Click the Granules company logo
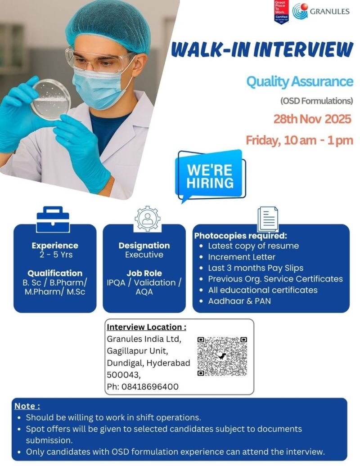(320, 11)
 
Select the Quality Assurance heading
(299, 81)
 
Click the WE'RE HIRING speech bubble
(210, 176)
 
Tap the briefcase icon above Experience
(53, 219)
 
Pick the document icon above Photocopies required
(267, 219)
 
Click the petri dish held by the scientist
(52, 99)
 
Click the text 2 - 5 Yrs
(55, 255)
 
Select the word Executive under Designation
(144, 255)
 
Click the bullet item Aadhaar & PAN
(239, 300)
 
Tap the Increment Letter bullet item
(241, 257)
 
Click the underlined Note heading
(27, 406)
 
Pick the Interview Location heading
(146, 327)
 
